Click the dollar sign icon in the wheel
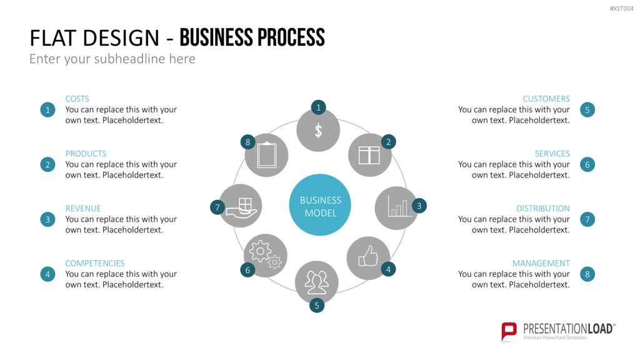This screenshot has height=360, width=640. (318, 131)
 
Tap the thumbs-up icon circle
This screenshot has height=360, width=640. (368, 258)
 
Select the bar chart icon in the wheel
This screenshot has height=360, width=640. (397, 206)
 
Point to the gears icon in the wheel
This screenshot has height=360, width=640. (265, 255)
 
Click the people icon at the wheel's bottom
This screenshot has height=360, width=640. (317, 282)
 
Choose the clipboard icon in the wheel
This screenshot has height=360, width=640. (267, 155)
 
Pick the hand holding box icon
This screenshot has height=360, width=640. (242, 206)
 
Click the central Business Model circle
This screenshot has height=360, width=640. (320, 205)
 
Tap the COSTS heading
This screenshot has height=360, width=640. (77, 99)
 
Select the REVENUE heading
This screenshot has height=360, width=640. (83, 208)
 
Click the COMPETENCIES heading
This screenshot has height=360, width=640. (95, 263)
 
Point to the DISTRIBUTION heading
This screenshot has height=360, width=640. (543, 208)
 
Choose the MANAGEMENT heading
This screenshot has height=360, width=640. (541, 263)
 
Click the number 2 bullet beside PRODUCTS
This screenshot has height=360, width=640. (47, 164)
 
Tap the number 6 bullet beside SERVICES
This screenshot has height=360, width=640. (587, 164)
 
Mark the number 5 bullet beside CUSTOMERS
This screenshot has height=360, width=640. (587, 110)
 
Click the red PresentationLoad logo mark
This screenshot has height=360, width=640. (509, 331)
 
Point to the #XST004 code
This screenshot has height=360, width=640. (621, 9)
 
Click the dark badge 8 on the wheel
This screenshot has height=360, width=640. (247, 142)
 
